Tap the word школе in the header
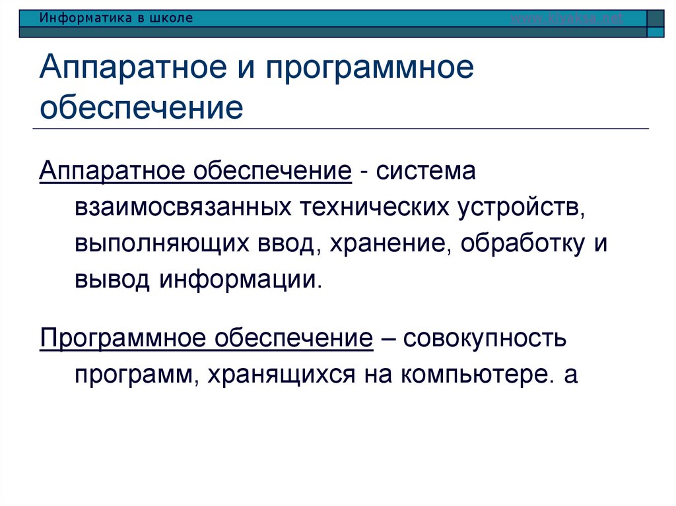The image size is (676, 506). (172, 18)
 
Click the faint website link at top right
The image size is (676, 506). (567, 18)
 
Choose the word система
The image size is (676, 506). (426, 172)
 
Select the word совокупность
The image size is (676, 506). (485, 340)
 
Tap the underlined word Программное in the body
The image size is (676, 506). (121, 340)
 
